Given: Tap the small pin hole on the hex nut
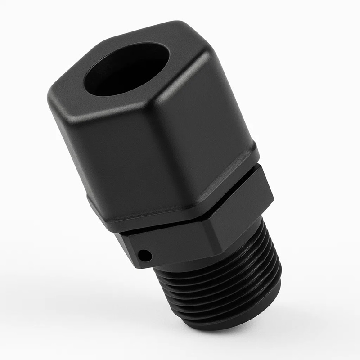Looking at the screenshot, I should [x=145, y=256].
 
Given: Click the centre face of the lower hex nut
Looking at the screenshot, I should [x=180, y=243].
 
